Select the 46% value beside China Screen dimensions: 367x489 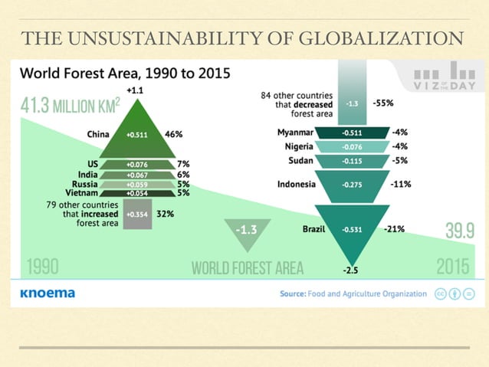click(x=173, y=134)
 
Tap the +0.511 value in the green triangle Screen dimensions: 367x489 click(x=138, y=134)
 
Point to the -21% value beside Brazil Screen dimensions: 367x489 click(x=395, y=229)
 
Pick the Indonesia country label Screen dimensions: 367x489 click(x=296, y=184)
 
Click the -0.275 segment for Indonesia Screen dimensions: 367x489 click(x=353, y=185)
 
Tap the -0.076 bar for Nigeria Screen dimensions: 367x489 click(x=353, y=146)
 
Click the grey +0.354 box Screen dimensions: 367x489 click(x=139, y=215)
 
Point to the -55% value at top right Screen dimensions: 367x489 click(x=383, y=102)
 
